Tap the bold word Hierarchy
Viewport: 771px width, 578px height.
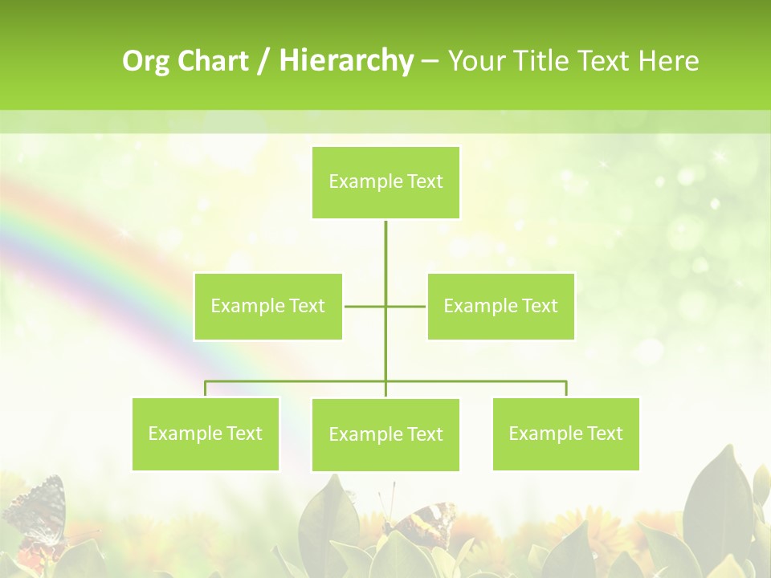point(346,61)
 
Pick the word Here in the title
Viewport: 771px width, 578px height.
point(668,61)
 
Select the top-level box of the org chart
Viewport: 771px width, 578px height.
point(385,182)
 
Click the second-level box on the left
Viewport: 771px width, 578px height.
point(267,306)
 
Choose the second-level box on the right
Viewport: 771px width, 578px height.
point(500,306)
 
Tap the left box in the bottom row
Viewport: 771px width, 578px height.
point(206,433)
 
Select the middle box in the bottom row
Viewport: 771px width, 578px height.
point(385,434)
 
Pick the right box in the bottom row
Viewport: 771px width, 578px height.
point(565,433)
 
